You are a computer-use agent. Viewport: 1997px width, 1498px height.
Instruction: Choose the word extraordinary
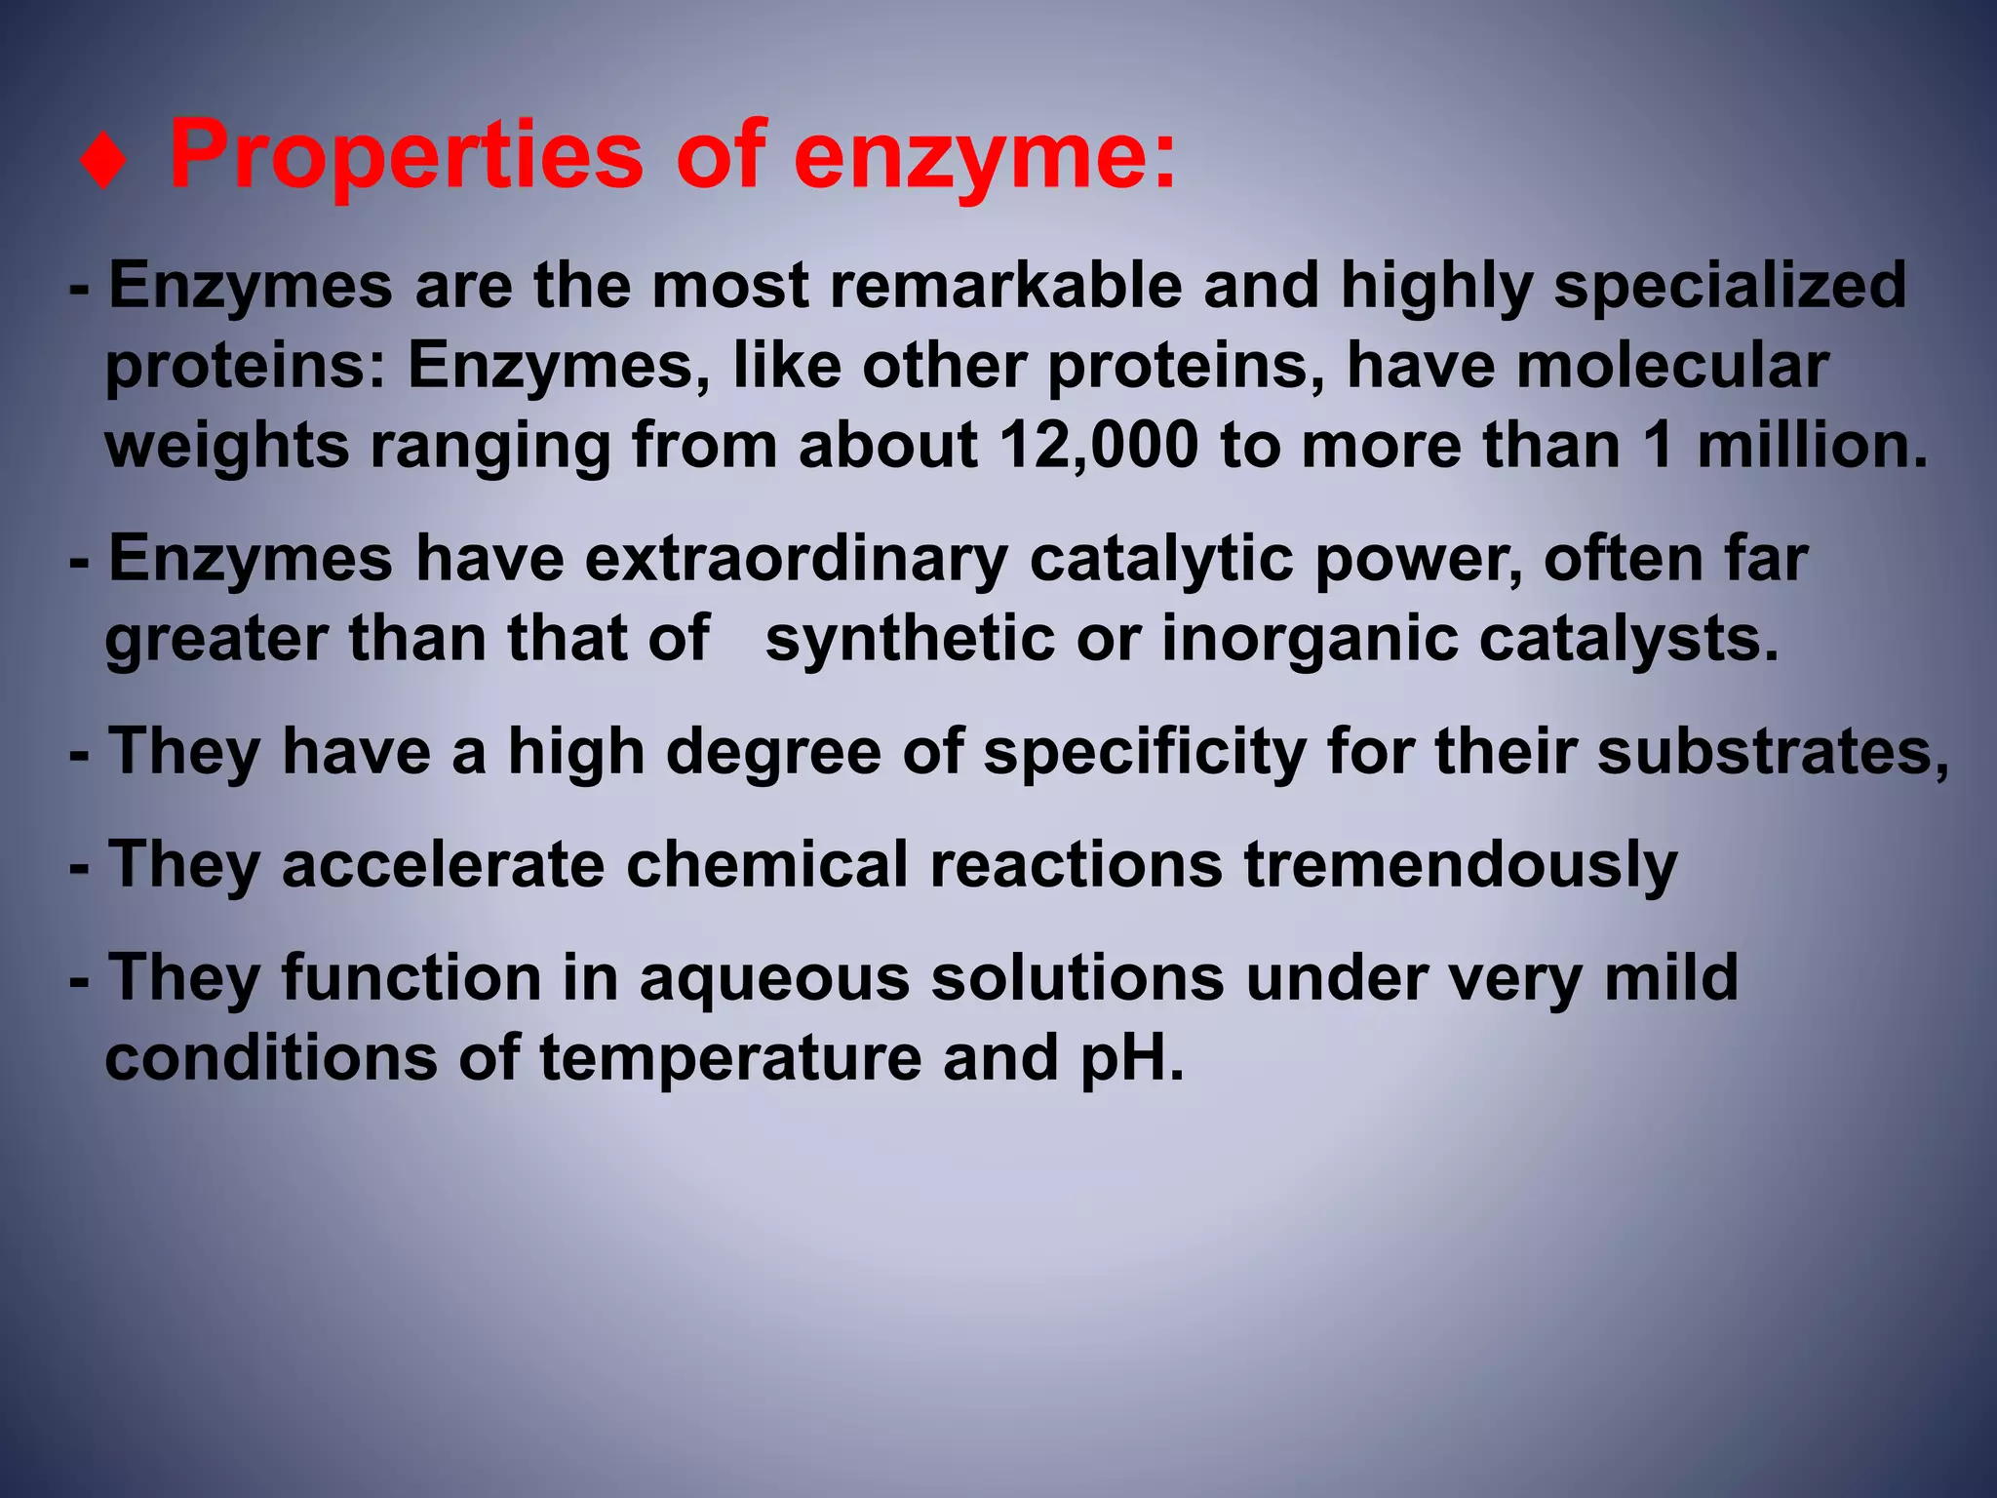(796, 560)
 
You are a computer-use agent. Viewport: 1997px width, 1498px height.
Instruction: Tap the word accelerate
(443, 865)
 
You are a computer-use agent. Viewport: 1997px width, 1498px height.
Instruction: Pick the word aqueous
(774, 978)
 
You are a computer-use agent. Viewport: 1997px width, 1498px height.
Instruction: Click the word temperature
(730, 1058)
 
